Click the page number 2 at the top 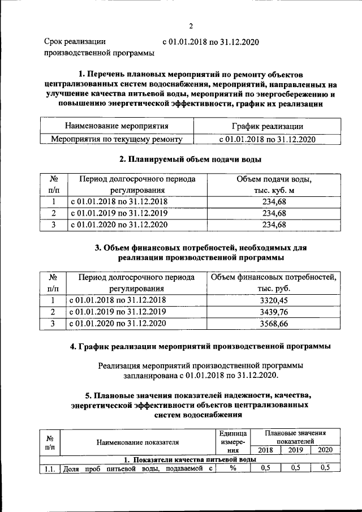pos(191,26)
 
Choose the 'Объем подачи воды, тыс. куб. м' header pos(274,184)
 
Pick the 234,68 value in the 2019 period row pos(274,213)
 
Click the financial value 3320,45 pos(274,300)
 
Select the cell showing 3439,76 pos(274,312)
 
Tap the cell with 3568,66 pos(274,324)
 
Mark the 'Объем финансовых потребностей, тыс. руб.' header pos(274,282)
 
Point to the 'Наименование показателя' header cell pos(137,442)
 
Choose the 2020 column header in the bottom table pos(325,450)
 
